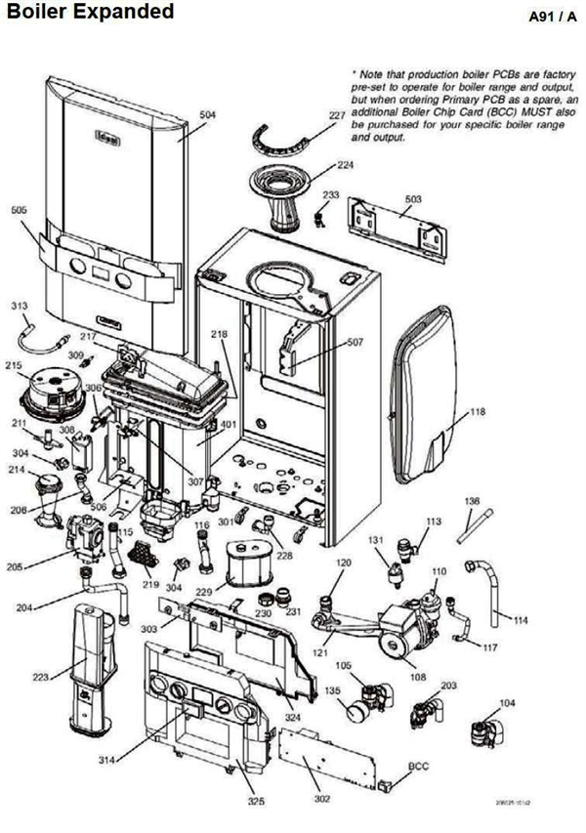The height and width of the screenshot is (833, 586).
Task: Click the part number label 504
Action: coord(207,115)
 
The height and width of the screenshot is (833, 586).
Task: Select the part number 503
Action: coord(413,199)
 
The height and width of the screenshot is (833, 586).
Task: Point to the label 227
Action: coord(337,116)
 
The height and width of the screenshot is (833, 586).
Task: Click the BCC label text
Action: coord(419,768)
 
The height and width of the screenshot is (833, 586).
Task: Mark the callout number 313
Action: coord(19,307)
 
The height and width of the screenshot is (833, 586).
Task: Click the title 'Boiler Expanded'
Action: coord(91,13)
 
